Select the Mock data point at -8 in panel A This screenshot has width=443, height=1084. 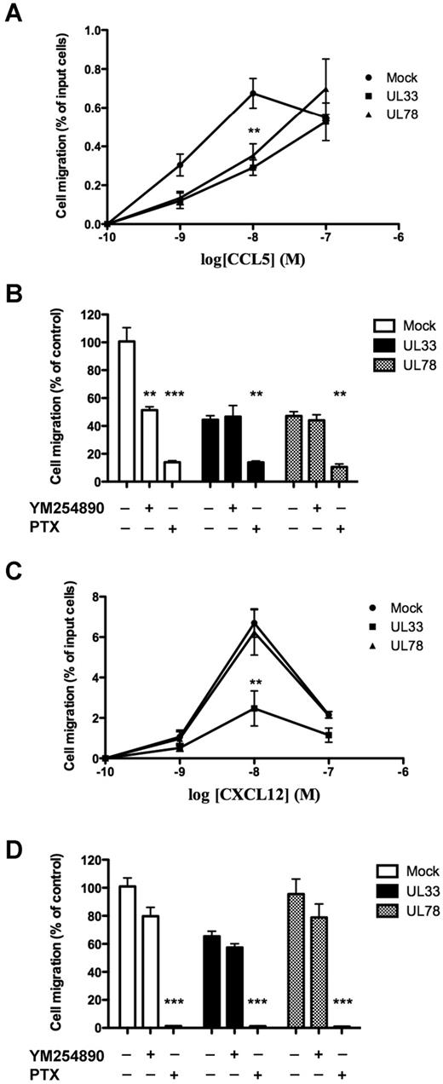click(x=253, y=93)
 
